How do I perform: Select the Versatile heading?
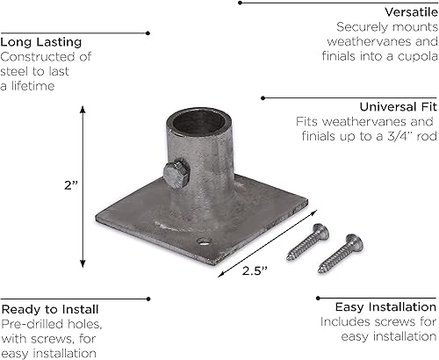pyautogui.click(x=405, y=12)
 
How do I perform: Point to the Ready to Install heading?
pyautogui.click(x=49, y=310)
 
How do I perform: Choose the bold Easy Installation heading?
pyautogui.click(x=385, y=307)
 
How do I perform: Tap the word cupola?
pyautogui.click(x=413, y=57)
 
